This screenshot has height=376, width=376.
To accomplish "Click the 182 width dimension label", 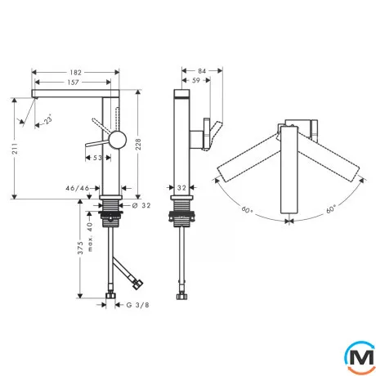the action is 75,73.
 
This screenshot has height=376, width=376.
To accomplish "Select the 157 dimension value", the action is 73,83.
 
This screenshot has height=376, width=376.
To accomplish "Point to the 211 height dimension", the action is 15,148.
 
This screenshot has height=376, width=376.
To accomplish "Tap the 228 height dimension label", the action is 138,144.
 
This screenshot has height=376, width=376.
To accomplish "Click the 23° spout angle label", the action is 48,119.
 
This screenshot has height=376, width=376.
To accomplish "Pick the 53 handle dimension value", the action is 97,158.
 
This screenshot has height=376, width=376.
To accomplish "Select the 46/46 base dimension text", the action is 78,188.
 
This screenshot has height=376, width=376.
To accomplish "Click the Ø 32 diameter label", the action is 141,205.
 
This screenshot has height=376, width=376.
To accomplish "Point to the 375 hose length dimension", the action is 80,248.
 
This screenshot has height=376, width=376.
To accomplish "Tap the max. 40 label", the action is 90,237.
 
